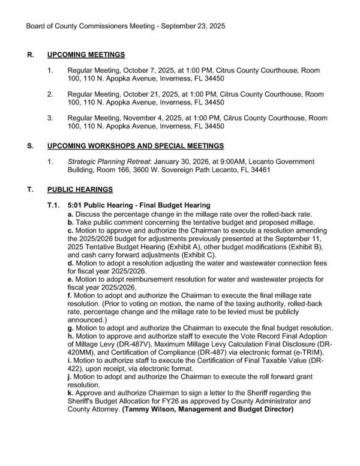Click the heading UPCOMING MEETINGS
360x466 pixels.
click(x=86, y=55)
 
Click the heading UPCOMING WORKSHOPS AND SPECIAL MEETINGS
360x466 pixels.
click(x=136, y=146)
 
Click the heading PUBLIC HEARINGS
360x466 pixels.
click(x=80, y=190)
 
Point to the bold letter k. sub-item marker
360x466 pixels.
click(x=70, y=392)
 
